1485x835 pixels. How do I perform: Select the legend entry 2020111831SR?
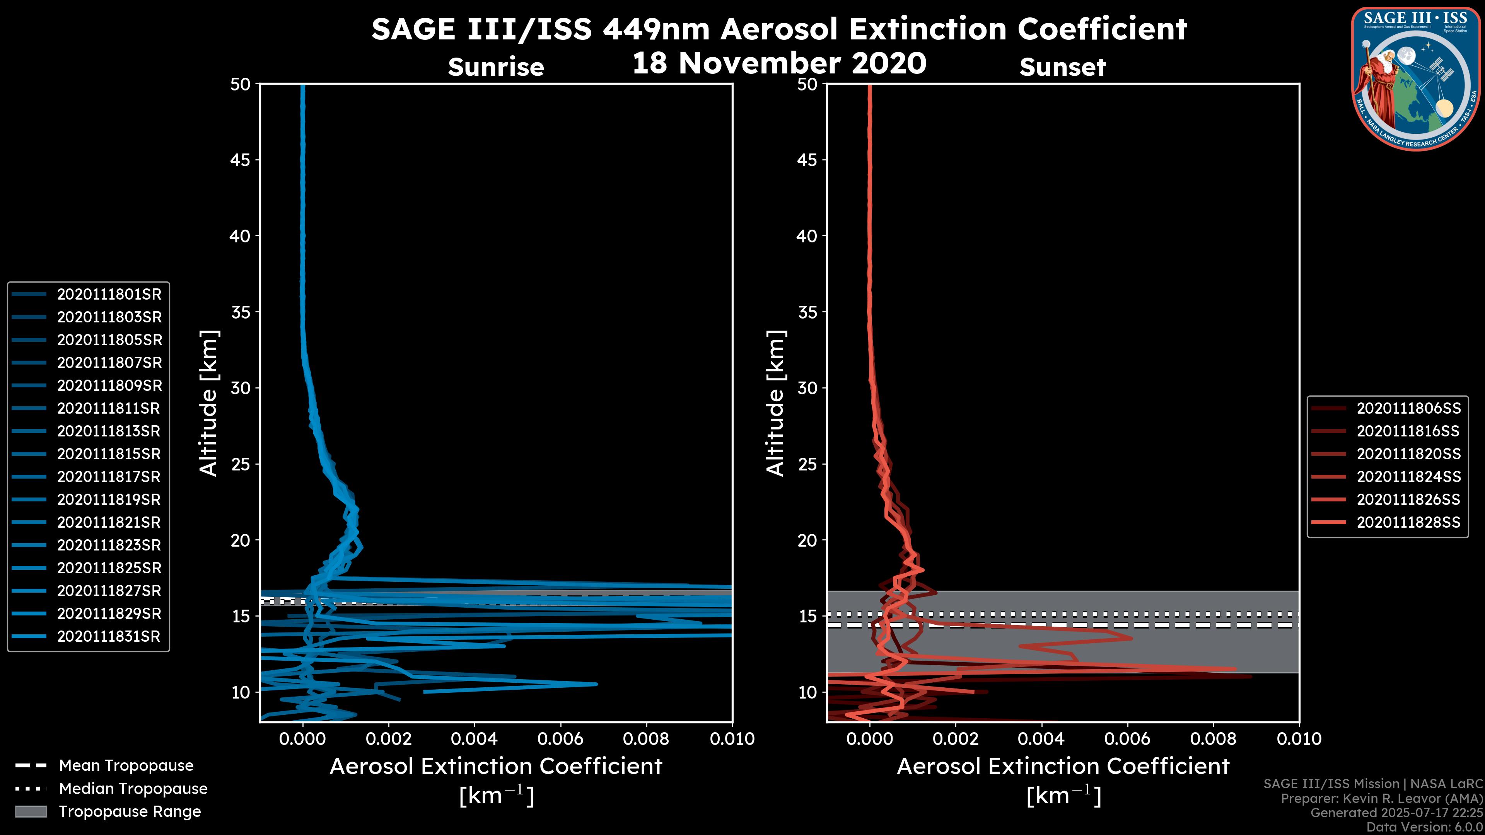(109, 637)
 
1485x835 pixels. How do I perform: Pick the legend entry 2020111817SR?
(109, 477)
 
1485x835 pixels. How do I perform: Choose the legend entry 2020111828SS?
(1408, 523)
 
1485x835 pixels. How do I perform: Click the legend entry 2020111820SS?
(1408, 454)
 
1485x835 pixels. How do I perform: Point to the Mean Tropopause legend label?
(126, 766)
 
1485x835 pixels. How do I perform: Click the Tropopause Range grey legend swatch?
(31, 812)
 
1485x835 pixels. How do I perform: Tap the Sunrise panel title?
(496, 67)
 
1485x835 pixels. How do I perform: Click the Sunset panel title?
(1062, 67)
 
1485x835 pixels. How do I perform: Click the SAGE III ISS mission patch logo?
(1416, 78)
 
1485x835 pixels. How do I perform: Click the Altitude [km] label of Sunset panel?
(775, 403)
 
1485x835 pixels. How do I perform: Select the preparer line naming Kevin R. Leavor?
(1382, 799)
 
